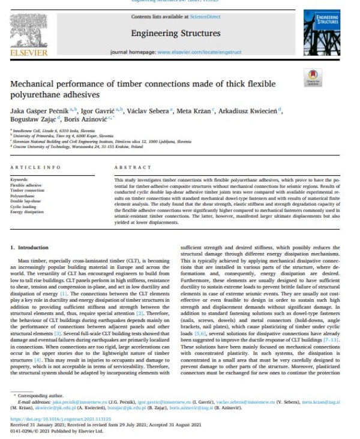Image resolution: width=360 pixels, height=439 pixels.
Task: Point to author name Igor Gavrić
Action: point(95,112)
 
